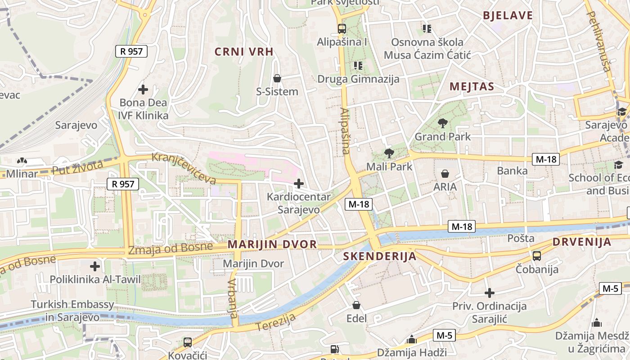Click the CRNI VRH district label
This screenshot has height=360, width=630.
click(x=244, y=52)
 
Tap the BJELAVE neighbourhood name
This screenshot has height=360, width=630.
click(x=508, y=16)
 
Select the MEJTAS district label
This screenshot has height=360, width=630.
click(x=472, y=87)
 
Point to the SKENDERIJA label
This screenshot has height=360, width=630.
click(x=379, y=256)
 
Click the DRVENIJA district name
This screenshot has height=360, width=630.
click(x=581, y=242)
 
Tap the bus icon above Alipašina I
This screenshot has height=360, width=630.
click(x=342, y=29)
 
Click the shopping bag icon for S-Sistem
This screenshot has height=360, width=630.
click(x=277, y=78)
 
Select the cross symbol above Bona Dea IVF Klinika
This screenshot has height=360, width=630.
click(x=143, y=90)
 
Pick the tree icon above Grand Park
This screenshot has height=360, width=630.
click(x=443, y=123)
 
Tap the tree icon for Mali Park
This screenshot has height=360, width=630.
click(x=389, y=153)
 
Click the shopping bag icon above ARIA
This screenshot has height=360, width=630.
click(x=445, y=174)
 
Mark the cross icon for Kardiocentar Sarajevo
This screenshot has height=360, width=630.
click(x=298, y=184)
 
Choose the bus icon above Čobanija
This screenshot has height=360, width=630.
click(x=537, y=256)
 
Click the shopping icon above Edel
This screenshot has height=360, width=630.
click(x=356, y=306)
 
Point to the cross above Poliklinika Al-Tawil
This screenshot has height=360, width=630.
click(x=95, y=266)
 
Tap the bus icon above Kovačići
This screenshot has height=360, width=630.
click(x=188, y=342)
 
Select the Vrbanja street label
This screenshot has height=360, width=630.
click(x=232, y=298)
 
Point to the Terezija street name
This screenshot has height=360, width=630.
click(x=276, y=322)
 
